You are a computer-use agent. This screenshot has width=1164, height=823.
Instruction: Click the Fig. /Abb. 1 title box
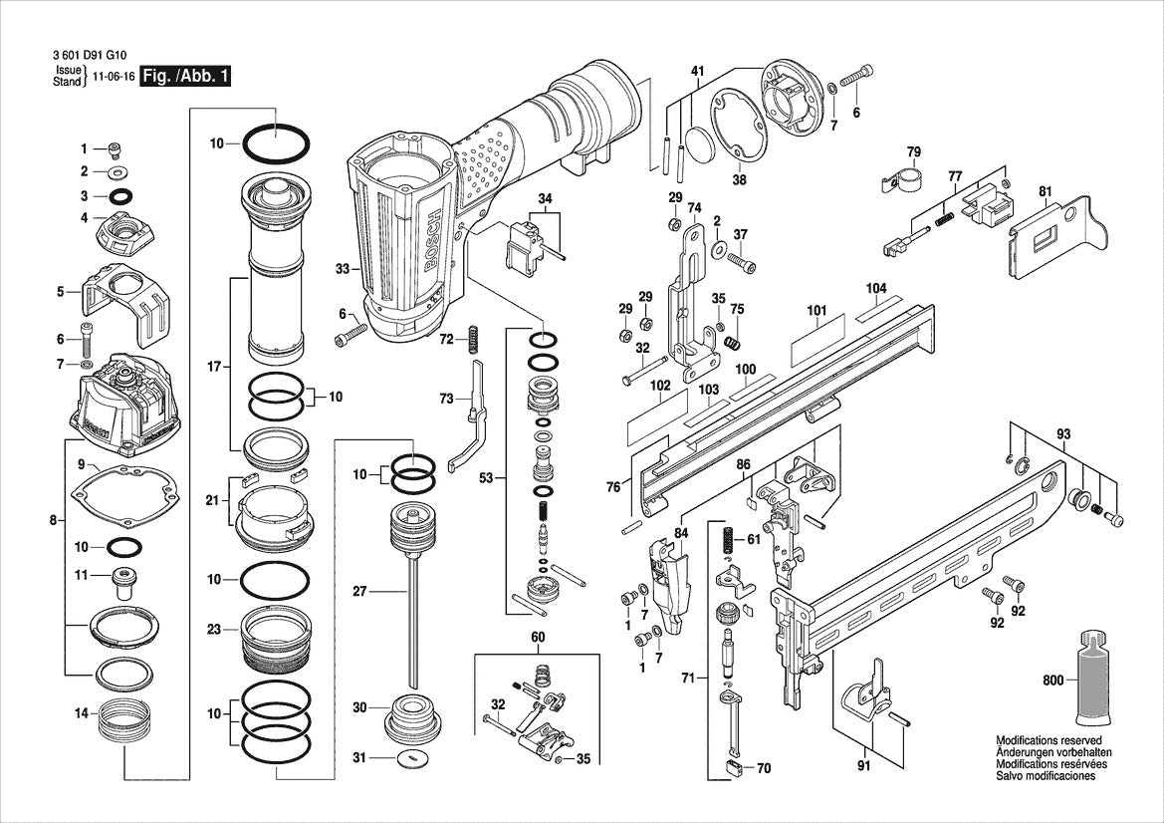tap(185, 77)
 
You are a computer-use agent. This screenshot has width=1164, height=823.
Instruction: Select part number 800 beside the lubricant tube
tap(1051, 682)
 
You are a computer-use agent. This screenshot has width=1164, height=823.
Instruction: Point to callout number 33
tap(342, 269)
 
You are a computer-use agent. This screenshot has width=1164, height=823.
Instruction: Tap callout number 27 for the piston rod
tap(360, 592)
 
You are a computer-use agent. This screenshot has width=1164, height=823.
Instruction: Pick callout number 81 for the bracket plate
tap(1045, 191)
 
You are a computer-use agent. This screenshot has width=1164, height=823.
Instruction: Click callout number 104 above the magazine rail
tap(875, 288)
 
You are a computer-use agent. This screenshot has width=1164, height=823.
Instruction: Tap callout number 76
tap(613, 486)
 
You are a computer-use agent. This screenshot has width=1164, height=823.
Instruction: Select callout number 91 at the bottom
tap(863, 765)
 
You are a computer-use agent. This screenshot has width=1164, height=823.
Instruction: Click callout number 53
tap(486, 479)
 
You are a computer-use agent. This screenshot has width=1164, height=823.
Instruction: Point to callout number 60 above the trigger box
tap(537, 637)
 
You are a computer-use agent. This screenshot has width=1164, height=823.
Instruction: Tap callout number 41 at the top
tap(697, 71)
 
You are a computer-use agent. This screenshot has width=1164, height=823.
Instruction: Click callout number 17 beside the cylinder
tap(213, 368)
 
